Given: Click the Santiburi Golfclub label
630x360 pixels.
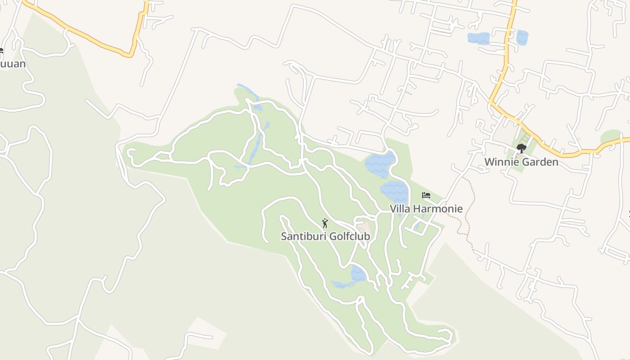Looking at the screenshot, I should [x=325, y=236].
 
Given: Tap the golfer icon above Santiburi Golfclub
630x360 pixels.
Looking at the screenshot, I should [x=325, y=223].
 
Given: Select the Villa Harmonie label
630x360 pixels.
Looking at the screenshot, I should [x=426, y=209].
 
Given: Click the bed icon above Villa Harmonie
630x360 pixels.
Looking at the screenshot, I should [x=426, y=195].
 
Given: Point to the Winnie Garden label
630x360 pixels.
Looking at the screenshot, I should [x=521, y=162].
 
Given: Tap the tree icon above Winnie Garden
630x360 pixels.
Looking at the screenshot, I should [x=522, y=148].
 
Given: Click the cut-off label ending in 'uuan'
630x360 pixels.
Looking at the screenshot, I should [x=12, y=64].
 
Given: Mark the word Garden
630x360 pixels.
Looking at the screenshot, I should [x=540, y=162].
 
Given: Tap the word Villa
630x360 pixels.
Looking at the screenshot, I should [x=400, y=209].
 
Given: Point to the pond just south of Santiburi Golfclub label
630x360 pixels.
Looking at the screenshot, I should [x=358, y=273].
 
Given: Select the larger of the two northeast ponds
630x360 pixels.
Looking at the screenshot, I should [x=478, y=38].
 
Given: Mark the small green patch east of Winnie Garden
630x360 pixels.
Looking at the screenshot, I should [x=610, y=136].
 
